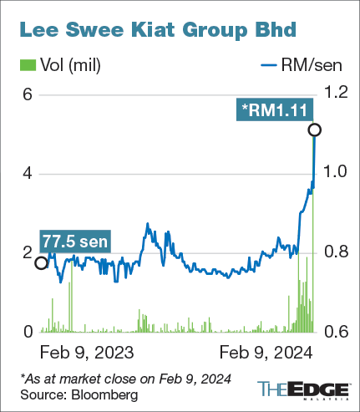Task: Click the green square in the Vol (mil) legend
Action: coord(25,64)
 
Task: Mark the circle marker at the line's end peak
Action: coord(314,130)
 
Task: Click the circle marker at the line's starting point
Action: coord(41,263)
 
